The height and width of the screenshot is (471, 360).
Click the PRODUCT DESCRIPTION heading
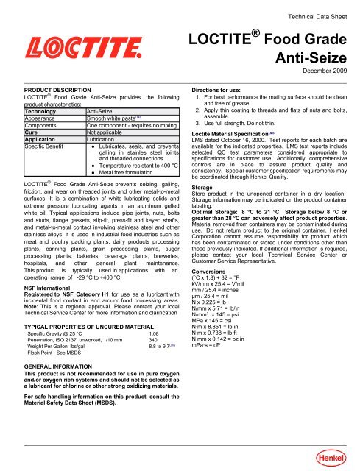click(x=52, y=95)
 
